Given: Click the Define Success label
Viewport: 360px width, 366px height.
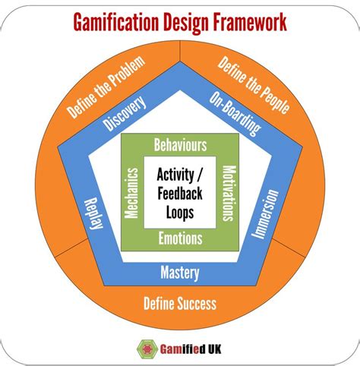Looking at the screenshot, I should (x=180, y=304).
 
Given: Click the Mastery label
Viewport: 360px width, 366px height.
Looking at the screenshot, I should (x=180, y=272).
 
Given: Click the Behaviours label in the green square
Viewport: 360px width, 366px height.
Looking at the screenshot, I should (x=180, y=143).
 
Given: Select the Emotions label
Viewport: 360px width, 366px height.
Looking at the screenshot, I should (x=180, y=238).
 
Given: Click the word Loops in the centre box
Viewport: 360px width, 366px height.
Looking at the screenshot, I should (x=180, y=212).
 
